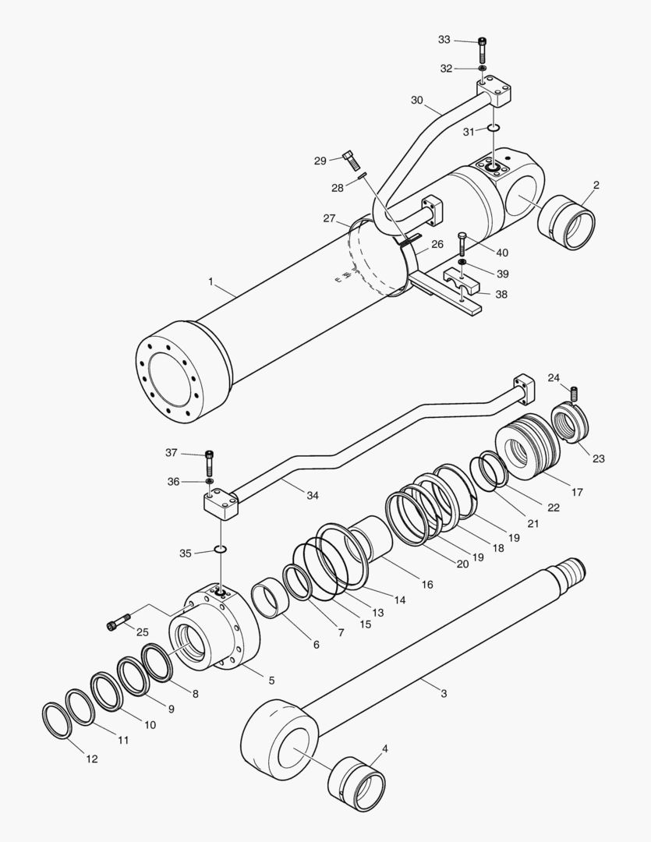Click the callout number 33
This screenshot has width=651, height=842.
(x=444, y=40)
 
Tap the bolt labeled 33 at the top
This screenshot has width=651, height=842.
(x=483, y=49)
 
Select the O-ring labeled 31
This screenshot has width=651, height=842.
(x=494, y=128)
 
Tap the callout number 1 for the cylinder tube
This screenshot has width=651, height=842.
(x=211, y=281)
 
